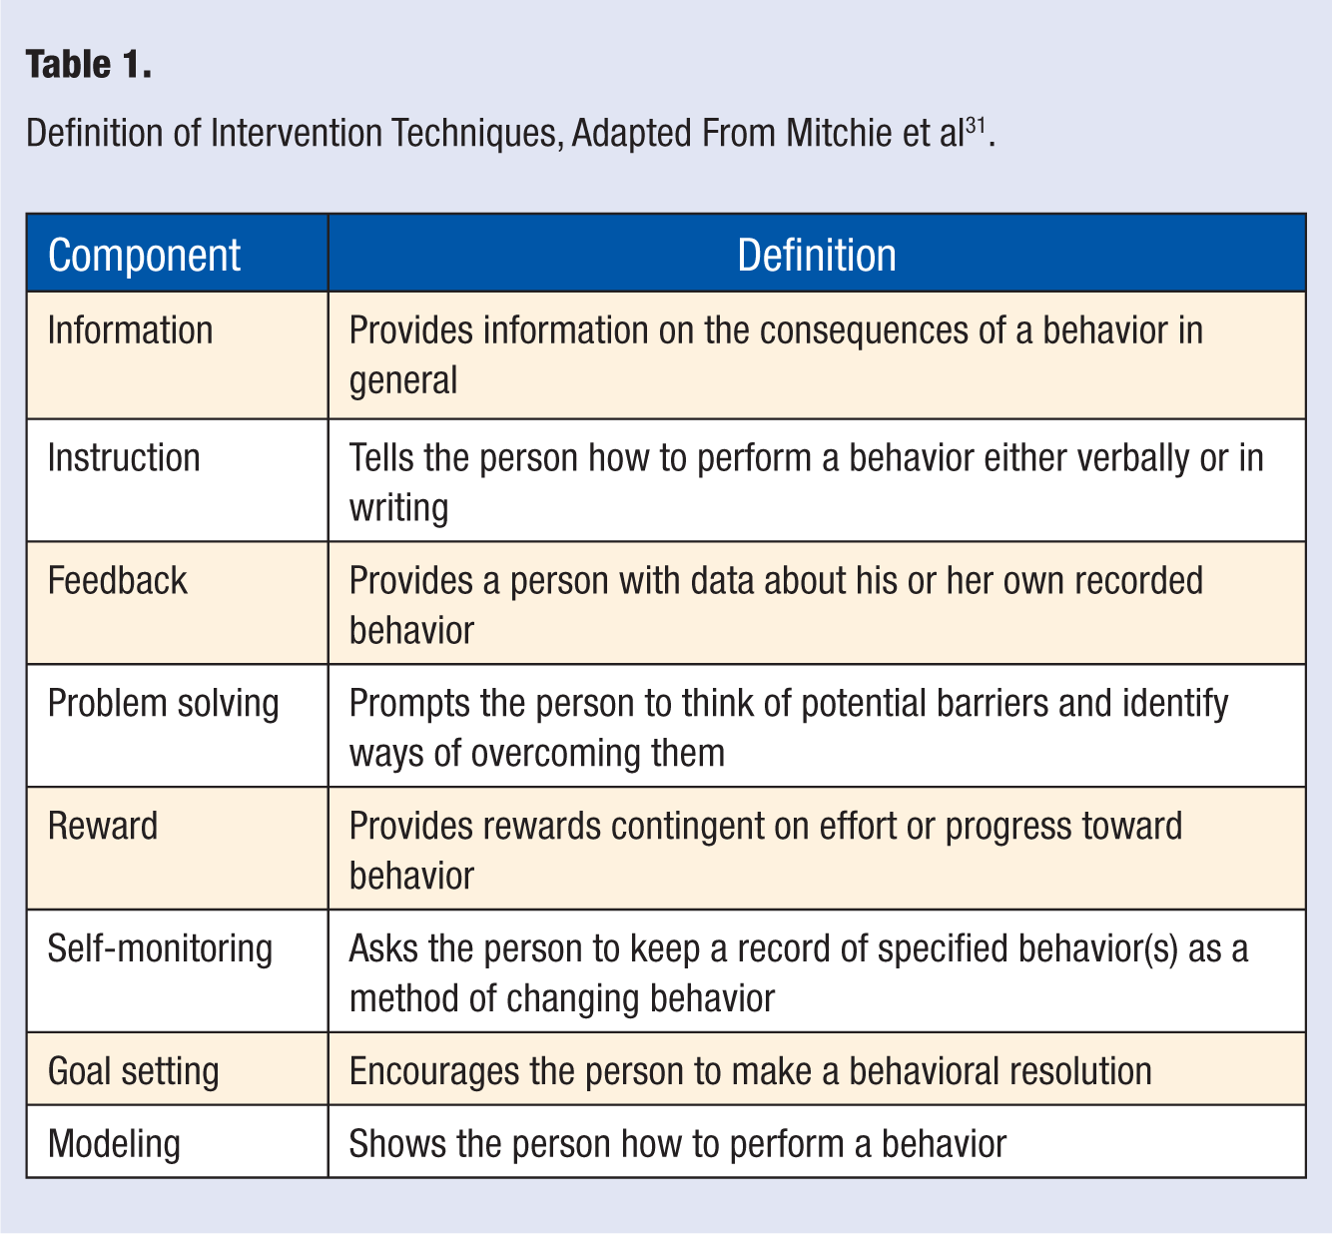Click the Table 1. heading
[x=89, y=64]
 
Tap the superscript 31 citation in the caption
[x=976, y=125]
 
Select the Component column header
[x=144, y=255]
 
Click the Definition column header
[x=816, y=255]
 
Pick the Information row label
[x=130, y=329]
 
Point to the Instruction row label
[x=124, y=458]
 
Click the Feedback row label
[x=118, y=580]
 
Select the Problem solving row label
[x=163, y=704]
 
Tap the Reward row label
[x=103, y=826]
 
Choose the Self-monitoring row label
[x=161, y=949]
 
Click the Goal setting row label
[x=134, y=1071]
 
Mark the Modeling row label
[x=114, y=1144]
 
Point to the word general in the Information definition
[x=403, y=381]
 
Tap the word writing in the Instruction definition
[x=398, y=509]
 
